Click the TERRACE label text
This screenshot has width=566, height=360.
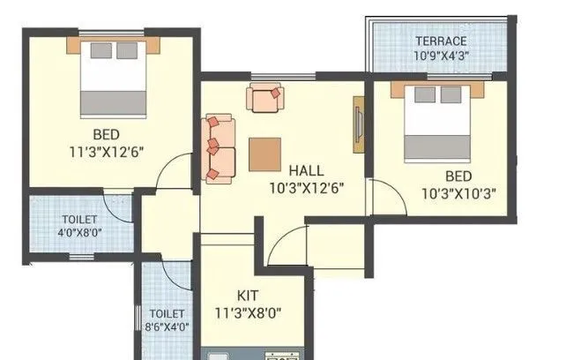[442, 41]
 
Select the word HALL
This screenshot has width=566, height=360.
[305, 169]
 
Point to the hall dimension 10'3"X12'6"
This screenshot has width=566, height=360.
[305, 187]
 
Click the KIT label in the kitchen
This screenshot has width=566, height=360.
[247, 295]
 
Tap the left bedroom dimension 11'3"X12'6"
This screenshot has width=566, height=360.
[107, 151]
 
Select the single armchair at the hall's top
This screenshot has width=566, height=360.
[264, 97]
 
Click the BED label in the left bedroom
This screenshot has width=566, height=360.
[107, 134]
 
